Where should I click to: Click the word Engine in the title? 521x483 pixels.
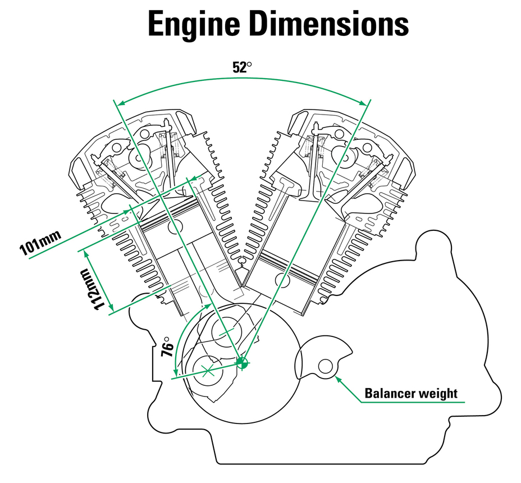point(193,25)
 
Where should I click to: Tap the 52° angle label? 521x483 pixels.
point(242,67)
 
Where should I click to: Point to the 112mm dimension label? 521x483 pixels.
point(93,288)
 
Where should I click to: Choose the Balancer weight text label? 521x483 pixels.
point(411,393)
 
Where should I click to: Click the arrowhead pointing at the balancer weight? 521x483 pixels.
point(338,379)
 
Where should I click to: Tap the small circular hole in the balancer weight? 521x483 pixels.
point(325,366)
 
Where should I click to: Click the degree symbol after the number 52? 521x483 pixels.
point(250,64)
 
